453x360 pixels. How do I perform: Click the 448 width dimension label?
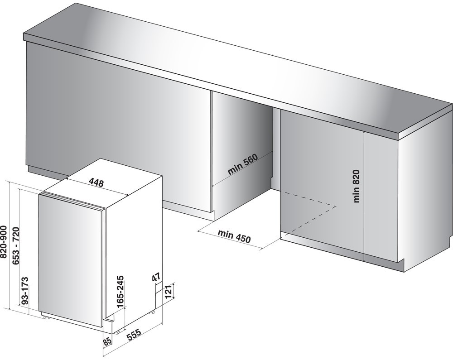[96, 183]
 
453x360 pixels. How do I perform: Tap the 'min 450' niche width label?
[234, 236]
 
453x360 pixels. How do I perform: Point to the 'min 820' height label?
[357, 186]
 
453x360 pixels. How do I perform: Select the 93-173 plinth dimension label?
[25, 291]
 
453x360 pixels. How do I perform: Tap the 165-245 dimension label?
[120, 291]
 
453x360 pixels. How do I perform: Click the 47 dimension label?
[156, 278]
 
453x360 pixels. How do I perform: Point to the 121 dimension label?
[169, 292]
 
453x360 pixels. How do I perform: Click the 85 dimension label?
[107, 341]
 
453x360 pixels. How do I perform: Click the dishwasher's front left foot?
[46, 317]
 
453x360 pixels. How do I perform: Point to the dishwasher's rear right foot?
[152, 312]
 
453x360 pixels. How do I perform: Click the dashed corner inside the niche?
[336, 206]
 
